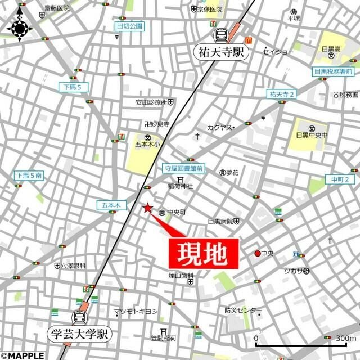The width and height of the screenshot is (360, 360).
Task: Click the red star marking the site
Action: pos(147,208)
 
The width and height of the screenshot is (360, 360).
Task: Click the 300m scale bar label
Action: pos(343,337)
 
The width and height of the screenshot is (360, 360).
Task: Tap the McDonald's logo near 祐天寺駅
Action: pos(247,40)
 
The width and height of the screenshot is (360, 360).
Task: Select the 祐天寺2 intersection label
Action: pos(282,93)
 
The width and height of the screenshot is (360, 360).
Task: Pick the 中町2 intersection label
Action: pos(340,179)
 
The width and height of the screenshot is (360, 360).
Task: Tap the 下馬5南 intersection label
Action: pos(29,175)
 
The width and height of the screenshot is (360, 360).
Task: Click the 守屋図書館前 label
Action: pos(183,168)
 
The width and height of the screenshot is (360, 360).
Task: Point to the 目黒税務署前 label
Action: pos(334,71)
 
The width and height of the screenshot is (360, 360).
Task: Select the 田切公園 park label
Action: pos(130,26)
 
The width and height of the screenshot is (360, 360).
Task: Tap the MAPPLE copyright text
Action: pos(22,355)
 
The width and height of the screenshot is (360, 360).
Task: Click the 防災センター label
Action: pos(243,310)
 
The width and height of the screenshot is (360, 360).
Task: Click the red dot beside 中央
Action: pos(258,253)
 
